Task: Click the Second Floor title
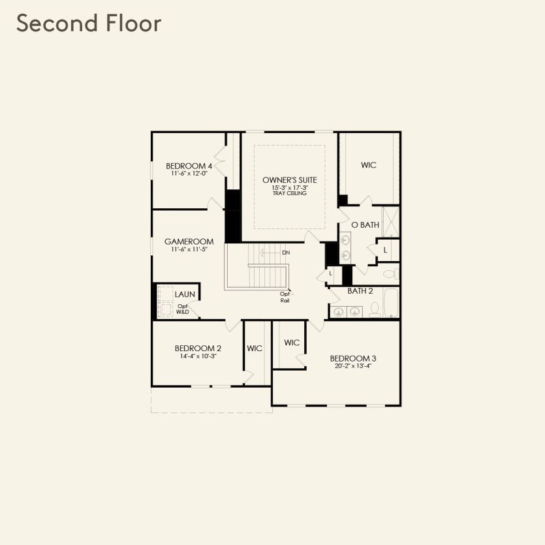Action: coord(89,23)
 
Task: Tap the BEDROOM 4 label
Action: coord(189,166)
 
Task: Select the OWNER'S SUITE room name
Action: coord(290,179)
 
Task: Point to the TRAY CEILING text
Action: coord(290,194)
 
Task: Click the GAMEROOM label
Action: coord(189,241)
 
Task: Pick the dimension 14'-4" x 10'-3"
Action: coord(198,356)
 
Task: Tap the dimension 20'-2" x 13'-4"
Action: coord(352,366)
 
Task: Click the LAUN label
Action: coord(185,294)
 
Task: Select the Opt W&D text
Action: coord(182,309)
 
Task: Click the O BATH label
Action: coord(365,225)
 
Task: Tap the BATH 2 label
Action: coord(360,291)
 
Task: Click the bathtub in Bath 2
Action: coord(390,304)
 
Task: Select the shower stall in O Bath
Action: coord(390,221)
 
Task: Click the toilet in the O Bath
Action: coord(389,273)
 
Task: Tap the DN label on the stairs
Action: coord(285,253)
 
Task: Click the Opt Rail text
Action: coord(285,297)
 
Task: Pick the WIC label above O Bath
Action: coord(369,165)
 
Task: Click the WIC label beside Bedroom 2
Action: coord(255,349)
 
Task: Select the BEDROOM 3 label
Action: coord(352,358)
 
